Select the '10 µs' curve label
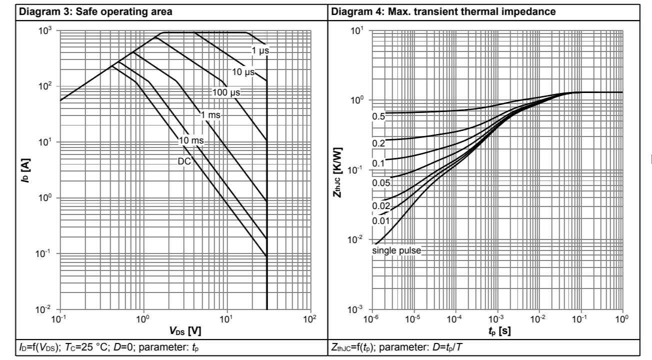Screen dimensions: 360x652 (x=243, y=72)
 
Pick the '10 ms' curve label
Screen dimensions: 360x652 (x=191, y=139)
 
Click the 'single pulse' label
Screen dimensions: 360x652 (x=397, y=249)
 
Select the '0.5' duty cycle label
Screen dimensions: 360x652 (x=378, y=116)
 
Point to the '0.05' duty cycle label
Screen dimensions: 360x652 (x=380, y=182)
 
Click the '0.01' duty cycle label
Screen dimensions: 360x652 (x=380, y=220)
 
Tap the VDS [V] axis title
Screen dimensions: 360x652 (x=185, y=331)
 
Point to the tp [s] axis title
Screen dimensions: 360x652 (x=497, y=331)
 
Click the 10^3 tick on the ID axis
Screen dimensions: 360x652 (x=46, y=31)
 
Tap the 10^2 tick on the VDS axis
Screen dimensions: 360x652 (x=310, y=319)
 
